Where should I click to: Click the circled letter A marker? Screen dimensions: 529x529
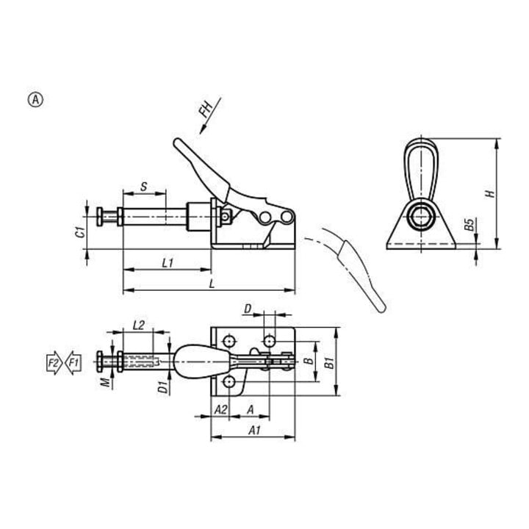[x=35, y=100]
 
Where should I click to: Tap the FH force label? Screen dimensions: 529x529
[x=205, y=109]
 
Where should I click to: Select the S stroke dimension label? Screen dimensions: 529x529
[x=144, y=186]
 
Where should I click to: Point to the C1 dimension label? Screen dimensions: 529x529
[x=80, y=232]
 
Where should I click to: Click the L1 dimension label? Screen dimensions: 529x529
[x=168, y=263]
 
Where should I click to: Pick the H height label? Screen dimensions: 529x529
[x=489, y=194]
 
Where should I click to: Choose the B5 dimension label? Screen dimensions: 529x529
[x=469, y=225]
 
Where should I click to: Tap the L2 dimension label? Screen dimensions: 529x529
[x=138, y=325]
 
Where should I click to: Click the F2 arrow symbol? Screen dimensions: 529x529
[x=54, y=363]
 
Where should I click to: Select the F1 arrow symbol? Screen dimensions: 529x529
[x=73, y=363]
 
